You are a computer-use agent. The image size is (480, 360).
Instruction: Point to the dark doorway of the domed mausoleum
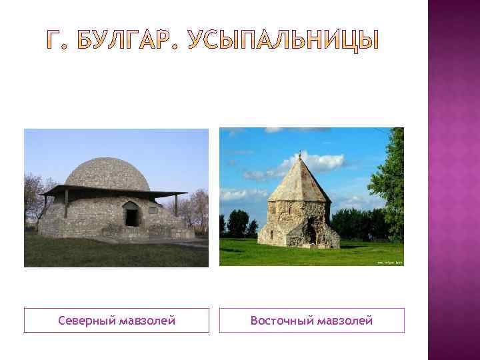click(x=131, y=217)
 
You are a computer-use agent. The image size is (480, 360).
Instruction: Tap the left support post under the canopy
click(x=66, y=203)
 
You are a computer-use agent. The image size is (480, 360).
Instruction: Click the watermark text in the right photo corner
click(x=389, y=263)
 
